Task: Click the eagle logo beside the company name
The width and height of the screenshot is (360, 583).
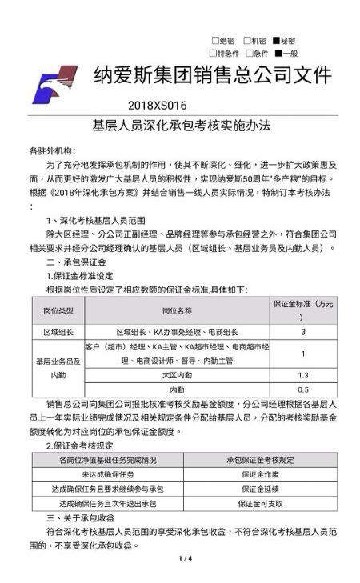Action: pyautogui.click(x=55, y=83)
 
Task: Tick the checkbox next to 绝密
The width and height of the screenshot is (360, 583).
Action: pyautogui.click(x=214, y=40)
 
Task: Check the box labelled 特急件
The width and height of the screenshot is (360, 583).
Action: pyautogui.click(x=214, y=53)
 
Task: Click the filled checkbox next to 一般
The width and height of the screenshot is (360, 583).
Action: pyautogui.click(x=277, y=53)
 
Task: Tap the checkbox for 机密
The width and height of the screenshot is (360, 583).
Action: pyautogui.click(x=246, y=40)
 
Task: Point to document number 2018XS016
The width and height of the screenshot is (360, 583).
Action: pyautogui.click(x=157, y=105)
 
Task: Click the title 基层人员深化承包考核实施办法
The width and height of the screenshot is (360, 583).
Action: pyautogui.click(x=182, y=126)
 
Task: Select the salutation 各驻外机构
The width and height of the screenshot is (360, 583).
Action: pyautogui.click(x=51, y=150)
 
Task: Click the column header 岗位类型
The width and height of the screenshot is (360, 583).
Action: pyautogui.click(x=58, y=309)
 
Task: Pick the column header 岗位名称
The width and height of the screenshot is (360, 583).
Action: pyautogui.click(x=177, y=309)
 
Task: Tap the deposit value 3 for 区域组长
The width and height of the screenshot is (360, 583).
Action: pyautogui.click(x=302, y=331)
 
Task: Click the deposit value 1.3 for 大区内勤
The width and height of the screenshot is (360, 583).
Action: pyautogui.click(x=302, y=375)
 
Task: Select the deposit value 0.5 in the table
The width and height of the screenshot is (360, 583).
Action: pyautogui.click(x=302, y=389)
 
